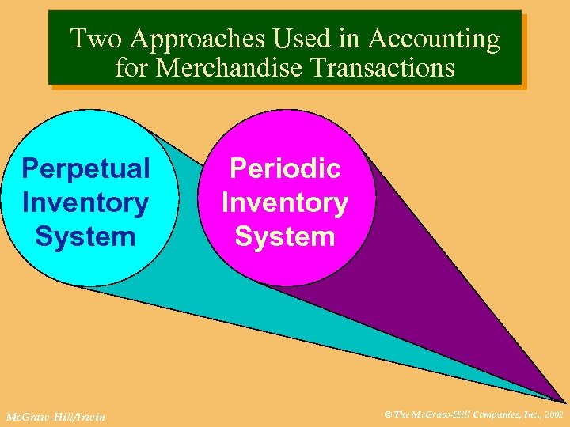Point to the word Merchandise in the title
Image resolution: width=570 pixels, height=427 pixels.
(x=230, y=67)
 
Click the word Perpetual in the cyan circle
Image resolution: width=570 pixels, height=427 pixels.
(x=85, y=168)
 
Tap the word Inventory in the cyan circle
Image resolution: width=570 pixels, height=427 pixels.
(x=85, y=202)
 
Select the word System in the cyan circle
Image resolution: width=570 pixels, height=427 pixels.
(x=85, y=236)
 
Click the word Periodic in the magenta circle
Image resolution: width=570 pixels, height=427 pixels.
(x=285, y=168)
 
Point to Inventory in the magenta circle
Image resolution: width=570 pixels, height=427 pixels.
(x=285, y=202)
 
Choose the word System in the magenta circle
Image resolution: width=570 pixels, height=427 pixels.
(x=285, y=236)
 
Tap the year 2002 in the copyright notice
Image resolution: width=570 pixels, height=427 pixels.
(x=551, y=413)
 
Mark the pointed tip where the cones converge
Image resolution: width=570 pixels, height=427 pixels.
(x=563, y=401)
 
